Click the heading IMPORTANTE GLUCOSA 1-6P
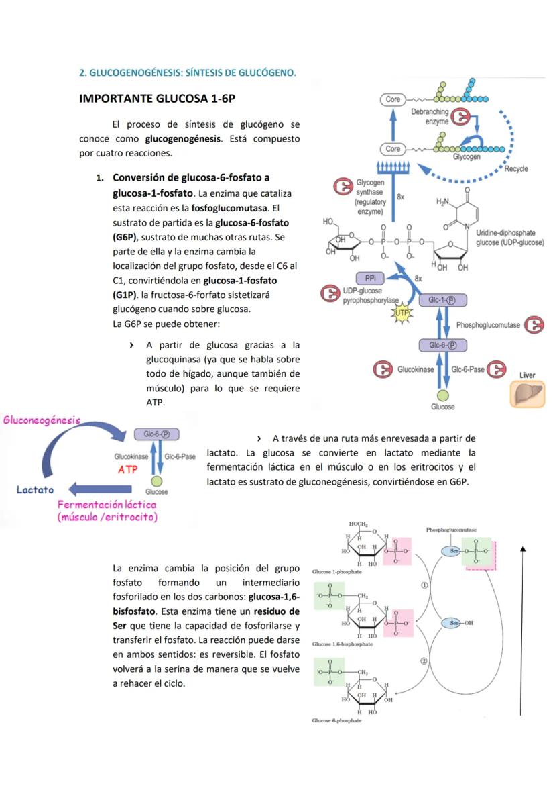[x=158, y=99]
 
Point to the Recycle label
[x=516, y=168]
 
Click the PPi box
[x=369, y=279]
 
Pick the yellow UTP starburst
[x=402, y=313]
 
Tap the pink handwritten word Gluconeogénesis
[x=42, y=421]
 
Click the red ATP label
[x=128, y=469]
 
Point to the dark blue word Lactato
[x=36, y=489]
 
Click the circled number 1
[x=424, y=585]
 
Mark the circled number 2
[x=424, y=661]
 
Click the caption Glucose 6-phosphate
[x=336, y=720]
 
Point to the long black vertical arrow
[x=521, y=631]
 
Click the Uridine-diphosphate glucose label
[x=510, y=238]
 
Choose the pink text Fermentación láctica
[x=107, y=504]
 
